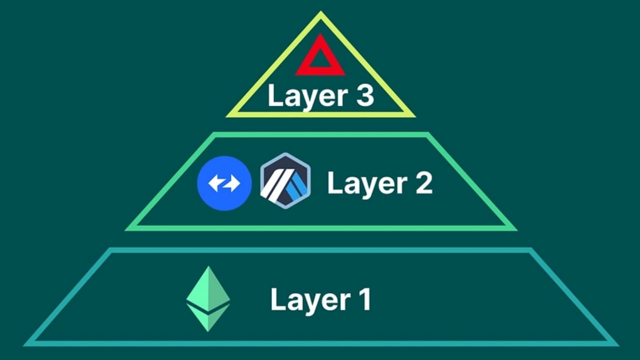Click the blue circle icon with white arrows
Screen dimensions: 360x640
tap(224, 183)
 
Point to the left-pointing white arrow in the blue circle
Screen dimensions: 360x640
tap(216, 183)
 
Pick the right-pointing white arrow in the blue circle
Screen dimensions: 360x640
tap(232, 183)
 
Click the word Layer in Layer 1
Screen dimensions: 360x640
tap(302, 299)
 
